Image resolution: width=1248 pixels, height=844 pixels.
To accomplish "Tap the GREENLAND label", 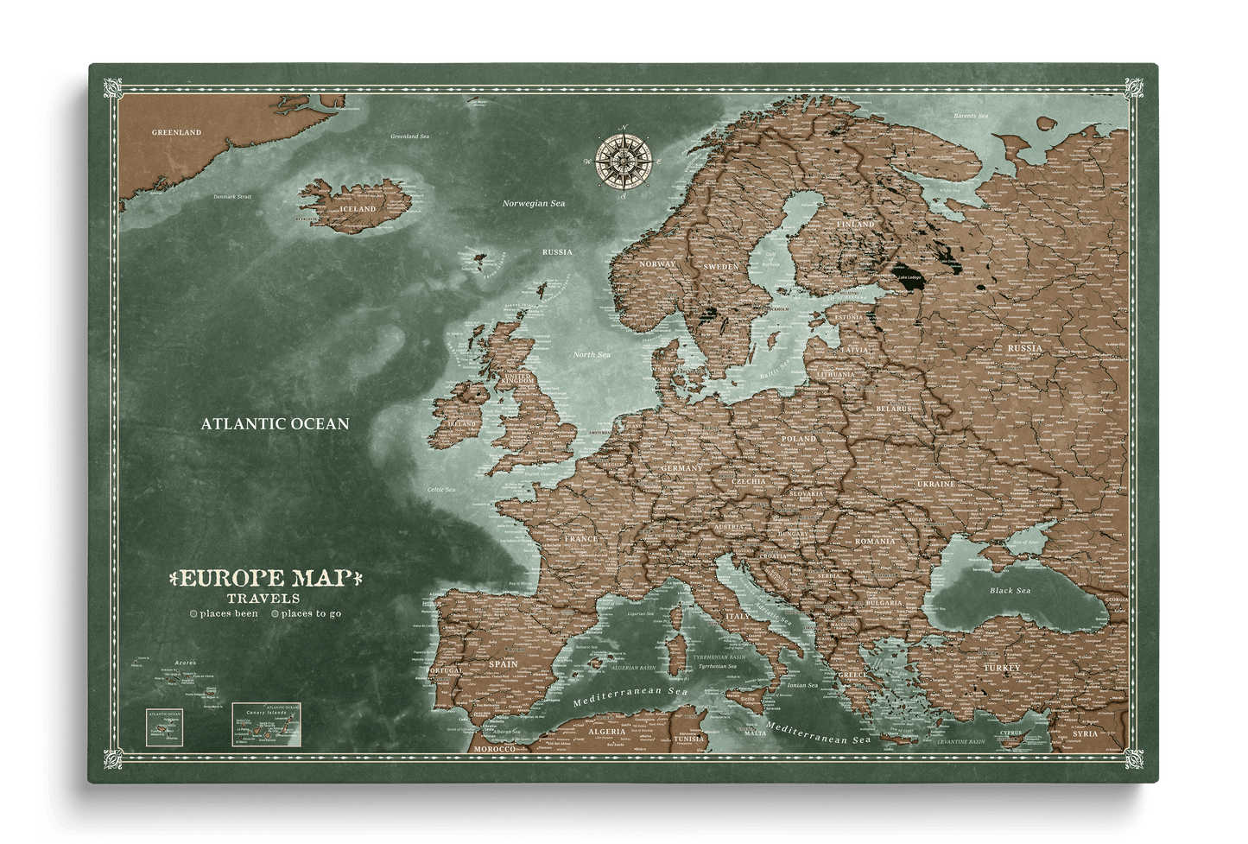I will [176, 132].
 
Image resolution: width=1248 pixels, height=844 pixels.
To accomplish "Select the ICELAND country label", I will [358, 209].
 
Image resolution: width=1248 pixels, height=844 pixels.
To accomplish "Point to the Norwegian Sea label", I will [534, 203].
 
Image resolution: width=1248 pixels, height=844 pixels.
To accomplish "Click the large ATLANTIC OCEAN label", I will [275, 424].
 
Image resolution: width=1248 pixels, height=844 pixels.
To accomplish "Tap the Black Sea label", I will [1010, 591].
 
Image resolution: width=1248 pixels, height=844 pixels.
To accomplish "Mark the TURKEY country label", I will [1001, 668].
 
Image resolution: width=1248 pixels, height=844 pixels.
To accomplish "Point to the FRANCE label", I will [581, 539].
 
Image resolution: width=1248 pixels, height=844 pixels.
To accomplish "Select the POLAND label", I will [798, 439].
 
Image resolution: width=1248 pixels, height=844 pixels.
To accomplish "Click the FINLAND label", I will [856, 225].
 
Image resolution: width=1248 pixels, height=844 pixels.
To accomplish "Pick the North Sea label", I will [592, 355].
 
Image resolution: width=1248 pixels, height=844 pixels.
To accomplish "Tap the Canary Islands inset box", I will [265, 724].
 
